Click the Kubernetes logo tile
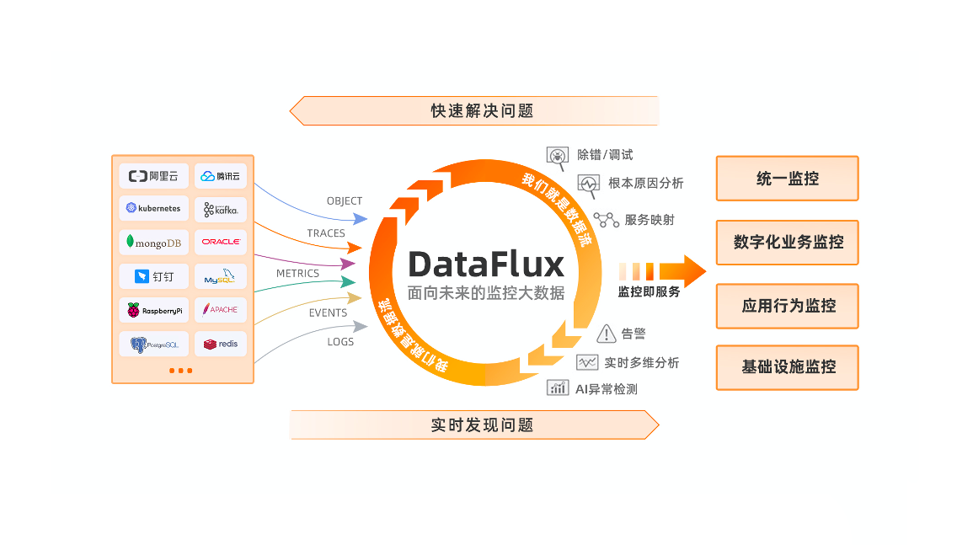pos(153,208)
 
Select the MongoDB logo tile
pos(153,243)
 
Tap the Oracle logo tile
pos(221,243)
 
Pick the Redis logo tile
pos(221,344)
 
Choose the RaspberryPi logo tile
pos(153,310)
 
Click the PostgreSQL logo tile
pos(153,344)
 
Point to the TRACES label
pos(326,233)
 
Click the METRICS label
pos(297,274)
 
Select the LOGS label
pos(340,342)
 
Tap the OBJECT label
pos(345,201)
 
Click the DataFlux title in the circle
pos(486,264)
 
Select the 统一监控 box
pos(787,179)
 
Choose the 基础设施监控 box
pos(787,367)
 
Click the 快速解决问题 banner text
pos(482,111)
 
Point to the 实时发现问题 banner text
pos(482,425)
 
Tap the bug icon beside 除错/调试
pos(558,156)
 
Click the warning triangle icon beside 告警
pos(606,334)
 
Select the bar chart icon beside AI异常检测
pos(558,387)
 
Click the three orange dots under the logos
pos(180,371)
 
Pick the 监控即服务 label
pos(649,292)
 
